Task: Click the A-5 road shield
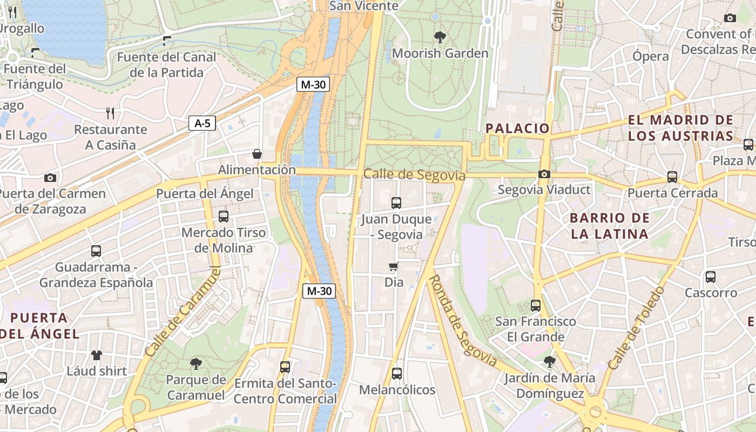tap(202, 123)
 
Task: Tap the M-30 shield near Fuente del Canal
tap(313, 84)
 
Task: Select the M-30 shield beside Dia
tap(319, 291)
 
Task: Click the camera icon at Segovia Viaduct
tap(544, 174)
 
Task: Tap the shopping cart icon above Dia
tap(394, 266)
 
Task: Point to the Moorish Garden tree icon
tap(440, 37)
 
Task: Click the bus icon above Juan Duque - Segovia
tap(396, 203)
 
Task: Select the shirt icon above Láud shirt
tap(97, 355)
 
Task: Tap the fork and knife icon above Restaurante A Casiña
tap(110, 113)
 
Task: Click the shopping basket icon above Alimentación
tap(257, 154)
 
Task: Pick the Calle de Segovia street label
tap(414, 175)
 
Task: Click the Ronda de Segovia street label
tap(462, 321)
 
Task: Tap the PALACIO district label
tap(517, 128)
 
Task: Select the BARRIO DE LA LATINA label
tap(610, 226)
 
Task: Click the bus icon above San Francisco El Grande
tap(535, 306)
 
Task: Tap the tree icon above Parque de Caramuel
tap(195, 363)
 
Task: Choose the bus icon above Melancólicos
tap(397, 373)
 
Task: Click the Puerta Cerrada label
tap(672, 193)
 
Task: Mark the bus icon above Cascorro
tap(711, 277)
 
